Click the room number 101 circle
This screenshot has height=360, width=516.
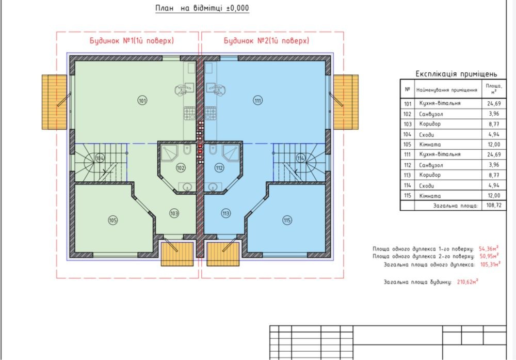(x=142, y=100)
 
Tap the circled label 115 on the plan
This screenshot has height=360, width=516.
(x=287, y=221)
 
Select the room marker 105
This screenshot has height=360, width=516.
(x=113, y=220)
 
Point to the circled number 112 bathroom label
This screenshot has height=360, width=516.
(x=219, y=168)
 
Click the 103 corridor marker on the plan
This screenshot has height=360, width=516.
(x=174, y=213)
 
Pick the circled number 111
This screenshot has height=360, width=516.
(x=257, y=100)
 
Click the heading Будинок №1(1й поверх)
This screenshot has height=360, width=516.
(x=132, y=41)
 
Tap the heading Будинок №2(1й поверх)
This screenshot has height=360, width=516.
(x=267, y=41)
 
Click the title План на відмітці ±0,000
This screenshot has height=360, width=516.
(x=202, y=8)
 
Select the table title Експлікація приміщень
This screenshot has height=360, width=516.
(x=456, y=74)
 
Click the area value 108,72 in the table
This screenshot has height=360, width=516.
(x=494, y=205)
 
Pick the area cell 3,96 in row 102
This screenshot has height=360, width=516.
(x=494, y=114)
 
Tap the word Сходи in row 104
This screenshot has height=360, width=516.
(x=427, y=135)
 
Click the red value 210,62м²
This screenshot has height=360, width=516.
(x=467, y=282)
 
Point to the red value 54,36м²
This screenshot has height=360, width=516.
(x=489, y=248)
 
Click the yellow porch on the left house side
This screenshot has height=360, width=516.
(x=54, y=102)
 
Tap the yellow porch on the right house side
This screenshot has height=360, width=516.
(x=346, y=102)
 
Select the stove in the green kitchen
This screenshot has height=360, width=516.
(x=189, y=113)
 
